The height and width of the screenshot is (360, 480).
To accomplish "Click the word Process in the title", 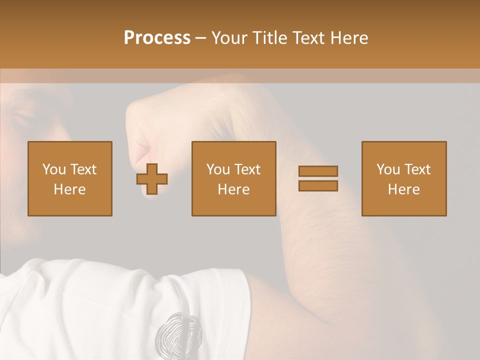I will point(157,38).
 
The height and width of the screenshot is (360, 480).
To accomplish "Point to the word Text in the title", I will point(309,38).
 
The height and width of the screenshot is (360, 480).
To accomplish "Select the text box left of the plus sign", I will point(70,178).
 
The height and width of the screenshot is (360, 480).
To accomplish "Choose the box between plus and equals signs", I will point(234,178).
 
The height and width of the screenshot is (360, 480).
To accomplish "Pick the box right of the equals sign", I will point(404,178).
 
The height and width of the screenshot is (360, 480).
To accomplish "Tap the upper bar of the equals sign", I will point(318,171).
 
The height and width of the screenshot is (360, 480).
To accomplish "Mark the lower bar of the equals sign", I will point(318,186).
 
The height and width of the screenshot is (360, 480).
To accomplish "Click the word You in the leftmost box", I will point(54,169).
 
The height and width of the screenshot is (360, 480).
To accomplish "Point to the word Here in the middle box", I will point(234,189).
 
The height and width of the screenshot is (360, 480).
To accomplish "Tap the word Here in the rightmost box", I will point(404,189).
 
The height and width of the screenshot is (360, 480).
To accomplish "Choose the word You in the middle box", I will point(218,169).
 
